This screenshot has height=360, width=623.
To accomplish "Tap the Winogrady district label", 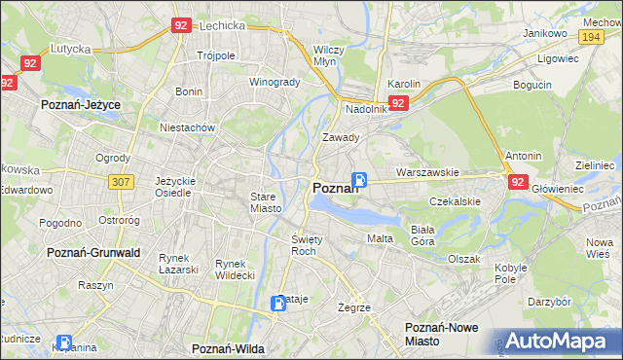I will click(x=275, y=82).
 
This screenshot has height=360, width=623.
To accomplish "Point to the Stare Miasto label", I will click(x=264, y=202).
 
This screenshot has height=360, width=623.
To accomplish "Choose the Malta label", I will click(x=380, y=238).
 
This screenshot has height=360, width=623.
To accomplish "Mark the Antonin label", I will click(x=523, y=156).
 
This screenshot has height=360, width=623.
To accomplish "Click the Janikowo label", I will click(x=545, y=33).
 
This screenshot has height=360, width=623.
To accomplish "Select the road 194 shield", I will click(x=589, y=35).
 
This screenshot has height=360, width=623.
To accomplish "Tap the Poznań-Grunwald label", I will click(x=93, y=252).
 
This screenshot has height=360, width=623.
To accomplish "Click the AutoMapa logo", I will click(x=557, y=341).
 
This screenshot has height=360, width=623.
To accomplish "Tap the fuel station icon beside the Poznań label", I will click(x=359, y=180).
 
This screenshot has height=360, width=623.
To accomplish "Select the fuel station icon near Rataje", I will click(x=279, y=303).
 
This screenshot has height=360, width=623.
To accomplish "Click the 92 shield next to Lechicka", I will click(x=181, y=26).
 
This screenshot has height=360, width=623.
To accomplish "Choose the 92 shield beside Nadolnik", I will click(x=397, y=102).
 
